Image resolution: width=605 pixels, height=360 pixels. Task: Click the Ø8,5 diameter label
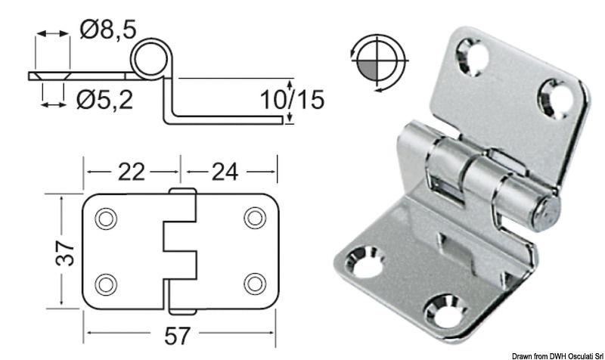108,29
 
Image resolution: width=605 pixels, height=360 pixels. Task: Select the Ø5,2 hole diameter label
105,98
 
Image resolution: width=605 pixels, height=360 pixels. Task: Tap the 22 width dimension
132,172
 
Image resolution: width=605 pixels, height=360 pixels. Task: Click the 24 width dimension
225,172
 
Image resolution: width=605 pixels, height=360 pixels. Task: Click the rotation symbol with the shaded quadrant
379,61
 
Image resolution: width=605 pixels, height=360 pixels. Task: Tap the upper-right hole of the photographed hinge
556,96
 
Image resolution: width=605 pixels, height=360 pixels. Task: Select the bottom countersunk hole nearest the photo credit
444,311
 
